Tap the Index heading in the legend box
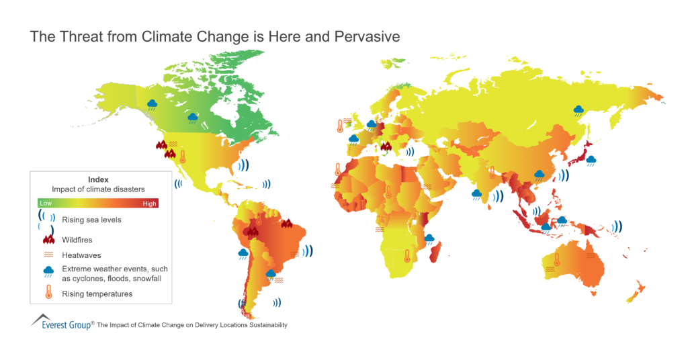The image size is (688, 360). click(x=98, y=179)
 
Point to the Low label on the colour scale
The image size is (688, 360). click(x=46, y=202)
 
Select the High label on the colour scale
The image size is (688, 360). click(x=149, y=202)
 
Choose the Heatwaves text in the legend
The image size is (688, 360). click(x=81, y=255)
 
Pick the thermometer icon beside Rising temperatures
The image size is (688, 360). click(x=48, y=293)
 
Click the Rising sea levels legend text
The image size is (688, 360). click(x=91, y=220)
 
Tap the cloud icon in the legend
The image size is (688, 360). click(x=48, y=272)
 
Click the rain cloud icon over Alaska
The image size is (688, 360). click(x=153, y=105)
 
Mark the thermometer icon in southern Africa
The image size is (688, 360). click(x=406, y=255)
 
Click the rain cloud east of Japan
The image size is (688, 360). click(x=591, y=161)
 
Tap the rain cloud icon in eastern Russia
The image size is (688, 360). click(x=578, y=109)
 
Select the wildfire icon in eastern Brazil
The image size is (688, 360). click(x=287, y=224)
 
